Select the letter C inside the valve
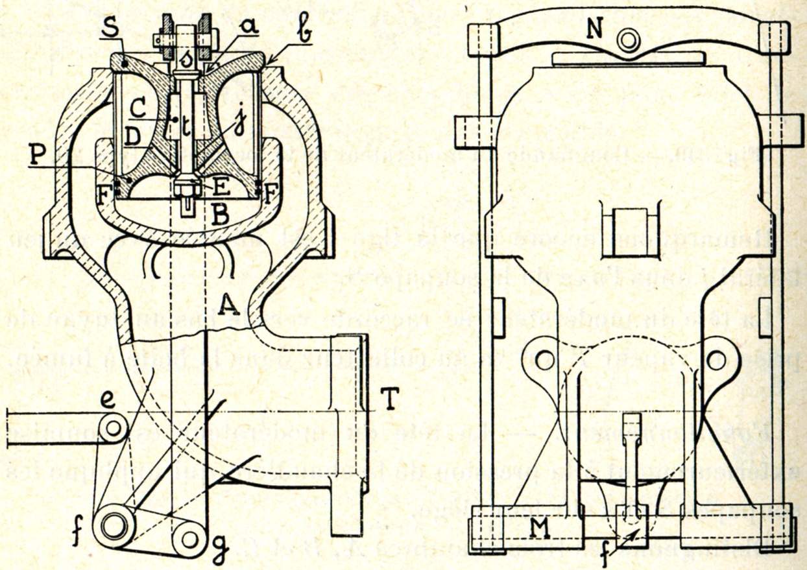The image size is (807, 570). (138, 105)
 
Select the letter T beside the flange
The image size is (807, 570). (389, 402)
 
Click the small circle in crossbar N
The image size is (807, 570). (627, 40)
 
